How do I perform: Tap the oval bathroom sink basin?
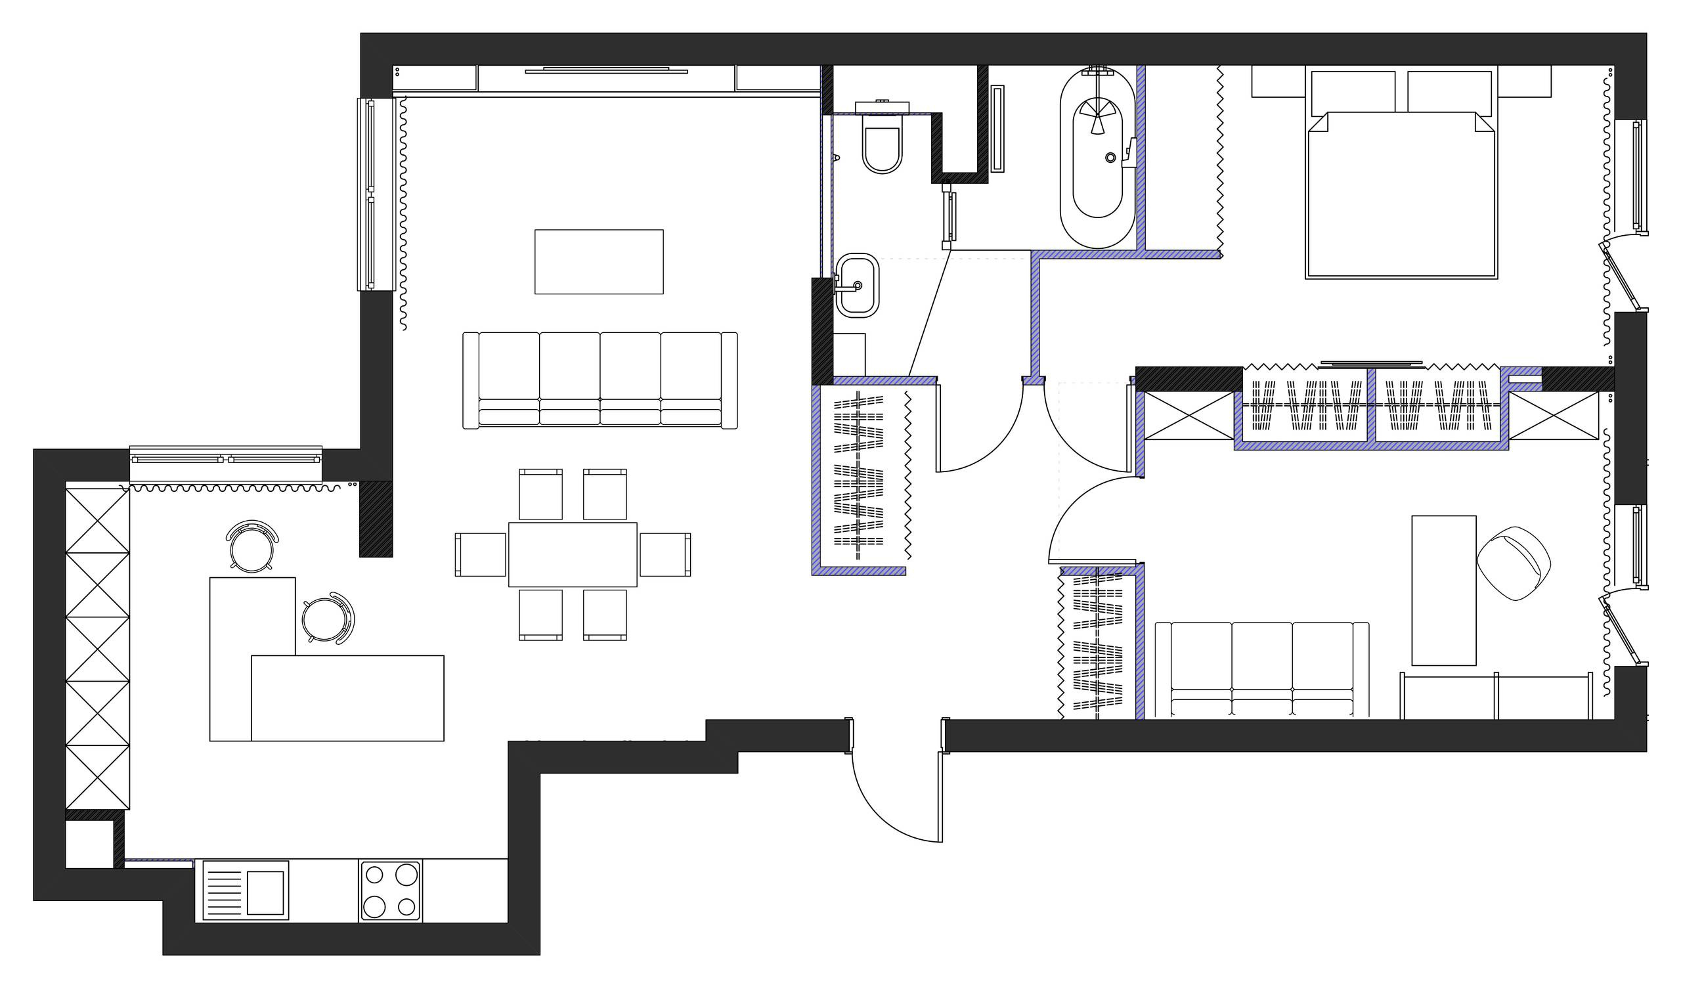pyautogui.click(x=857, y=286)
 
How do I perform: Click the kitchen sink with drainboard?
pyautogui.click(x=246, y=891)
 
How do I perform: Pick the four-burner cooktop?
pyautogui.click(x=390, y=891)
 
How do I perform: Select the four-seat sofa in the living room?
pyautogui.click(x=600, y=380)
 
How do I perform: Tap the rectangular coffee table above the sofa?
pyautogui.click(x=598, y=261)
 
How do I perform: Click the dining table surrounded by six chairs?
pyautogui.click(x=573, y=554)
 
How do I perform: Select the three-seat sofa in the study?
pyautogui.click(x=1261, y=669)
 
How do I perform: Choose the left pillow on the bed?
pyautogui.click(x=1353, y=91)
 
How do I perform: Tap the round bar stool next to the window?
pyautogui.click(x=251, y=546)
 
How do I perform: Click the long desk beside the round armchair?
pyautogui.click(x=1444, y=590)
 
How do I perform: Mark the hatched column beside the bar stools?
pyautogui.click(x=376, y=519)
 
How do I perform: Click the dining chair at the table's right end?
pyautogui.click(x=665, y=554)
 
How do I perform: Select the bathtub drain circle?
pyautogui.click(x=1110, y=158)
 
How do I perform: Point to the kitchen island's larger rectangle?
pyautogui.click(x=347, y=697)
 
